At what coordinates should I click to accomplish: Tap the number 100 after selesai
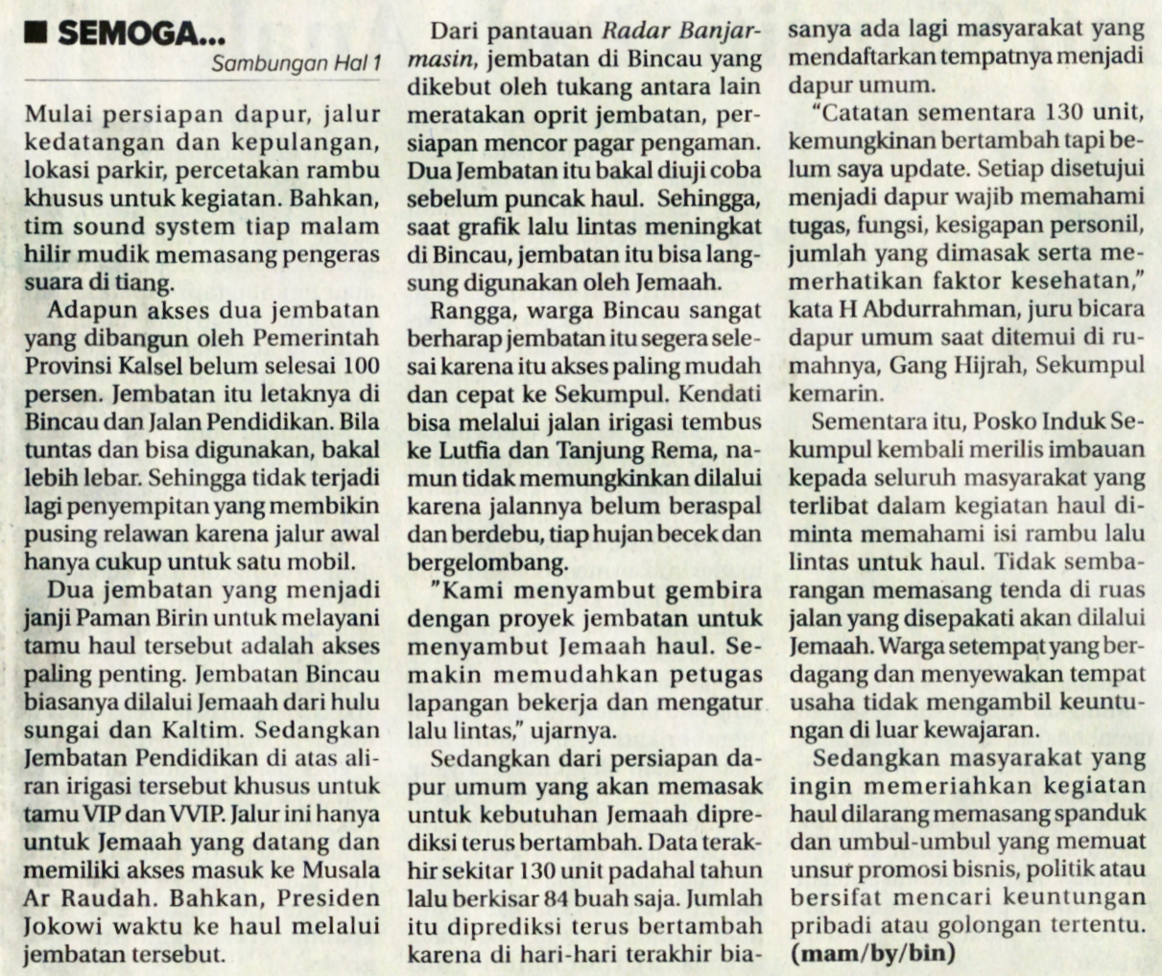click(361, 367)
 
